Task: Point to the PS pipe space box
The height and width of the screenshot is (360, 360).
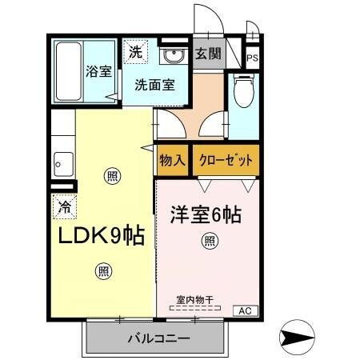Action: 252,58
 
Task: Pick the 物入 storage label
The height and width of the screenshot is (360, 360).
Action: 172,159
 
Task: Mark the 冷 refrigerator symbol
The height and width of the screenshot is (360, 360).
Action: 63,206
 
